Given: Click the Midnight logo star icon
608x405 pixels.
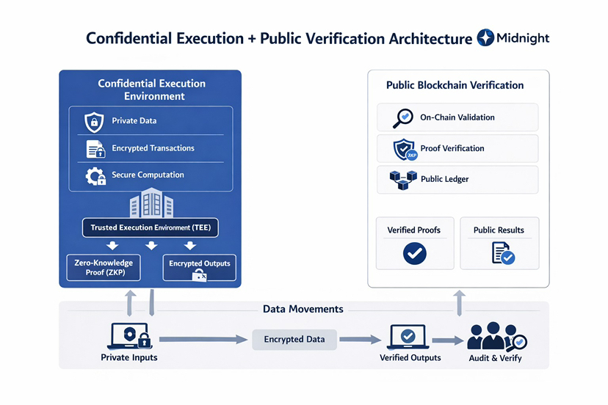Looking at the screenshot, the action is pyautogui.click(x=485, y=37).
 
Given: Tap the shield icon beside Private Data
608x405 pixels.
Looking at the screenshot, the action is pyautogui.click(x=94, y=121).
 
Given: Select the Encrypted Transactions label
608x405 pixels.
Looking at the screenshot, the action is pyautogui.click(x=153, y=148).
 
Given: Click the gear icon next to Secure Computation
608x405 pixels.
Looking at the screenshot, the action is pyautogui.click(x=95, y=175).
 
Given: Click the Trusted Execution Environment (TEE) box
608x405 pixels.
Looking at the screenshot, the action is pyautogui.click(x=150, y=227).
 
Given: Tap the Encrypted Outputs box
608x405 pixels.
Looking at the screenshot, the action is pyautogui.click(x=199, y=268).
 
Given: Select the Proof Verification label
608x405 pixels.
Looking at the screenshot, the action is pyautogui.click(x=452, y=148).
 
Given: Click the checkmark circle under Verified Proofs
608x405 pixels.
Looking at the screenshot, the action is pyautogui.click(x=414, y=254).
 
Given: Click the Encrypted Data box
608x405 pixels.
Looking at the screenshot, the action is pyautogui.click(x=294, y=340).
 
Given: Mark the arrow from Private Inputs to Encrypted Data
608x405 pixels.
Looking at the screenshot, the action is pyautogui.click(x=202, y=340).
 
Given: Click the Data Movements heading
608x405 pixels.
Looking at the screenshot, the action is pyautogui.click(x=303, y=309).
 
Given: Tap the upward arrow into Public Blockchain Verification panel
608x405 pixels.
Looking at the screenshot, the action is pyautogui.click(x=458, y=302).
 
